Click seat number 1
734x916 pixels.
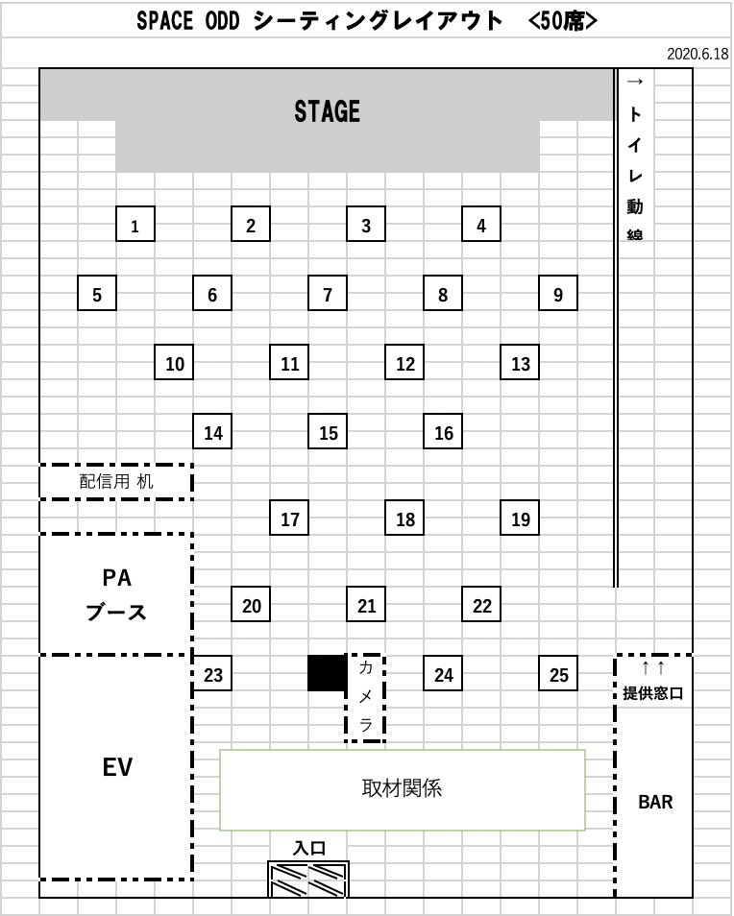[x=135, y=226]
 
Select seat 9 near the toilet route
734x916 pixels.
[x=558, y=294]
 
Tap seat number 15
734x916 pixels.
[x=329, y=432]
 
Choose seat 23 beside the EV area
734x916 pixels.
[x=213, y=674]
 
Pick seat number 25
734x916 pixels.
[x=559, y=674]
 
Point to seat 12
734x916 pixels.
[x=405, y=363]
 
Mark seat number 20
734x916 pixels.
[x=252, y=605]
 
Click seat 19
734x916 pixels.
[x=521, y=518]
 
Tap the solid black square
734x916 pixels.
[x=327, y=673]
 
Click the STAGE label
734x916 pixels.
[x=327, y=111]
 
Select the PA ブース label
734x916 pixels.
[x=116, y=595]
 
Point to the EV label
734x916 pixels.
[x=116, y=767]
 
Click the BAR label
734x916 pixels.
[x=655, y=802]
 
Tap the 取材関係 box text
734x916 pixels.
[x=402, y=789]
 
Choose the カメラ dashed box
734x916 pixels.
[x=366, y=697]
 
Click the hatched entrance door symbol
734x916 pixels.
[x=308, y=879]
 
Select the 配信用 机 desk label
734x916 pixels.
[x=115, y=481]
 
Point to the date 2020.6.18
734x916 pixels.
[x=697, y=54]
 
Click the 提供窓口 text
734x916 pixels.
[x=653, y=692]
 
